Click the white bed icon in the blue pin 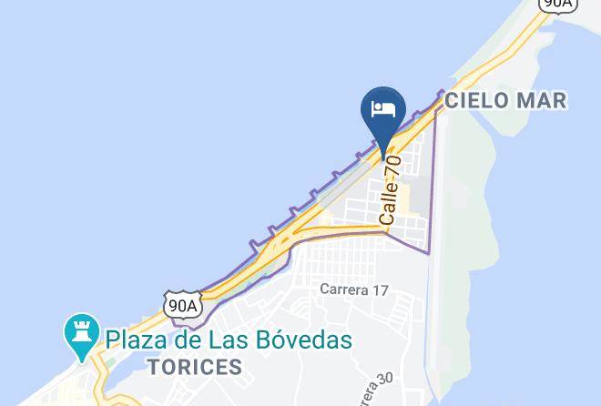[383, 109]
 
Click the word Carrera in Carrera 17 [345, 289]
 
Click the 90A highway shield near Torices [183, 305]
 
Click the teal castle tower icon [80, 335]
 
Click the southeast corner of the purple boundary [427, 251]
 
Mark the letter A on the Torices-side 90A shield [192, 305]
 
